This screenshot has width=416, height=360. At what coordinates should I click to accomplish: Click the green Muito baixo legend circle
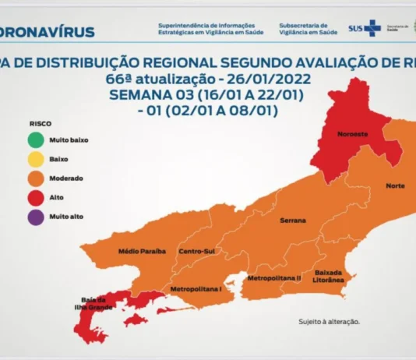click(33, 140)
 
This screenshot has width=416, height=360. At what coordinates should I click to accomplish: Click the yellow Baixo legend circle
click(33, 159)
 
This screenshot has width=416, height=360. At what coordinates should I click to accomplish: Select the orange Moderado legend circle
click(33, 178)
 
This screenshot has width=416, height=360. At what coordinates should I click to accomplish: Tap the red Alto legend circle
click(33, 197)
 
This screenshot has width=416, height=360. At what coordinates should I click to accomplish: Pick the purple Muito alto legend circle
click(33, 216)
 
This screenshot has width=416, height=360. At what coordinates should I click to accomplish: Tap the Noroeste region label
click(353, 134)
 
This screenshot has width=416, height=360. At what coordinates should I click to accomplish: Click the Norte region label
click(394, 185)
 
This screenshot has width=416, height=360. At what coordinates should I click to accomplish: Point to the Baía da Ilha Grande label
click(93, 302)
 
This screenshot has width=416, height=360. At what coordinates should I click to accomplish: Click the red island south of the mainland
click(136, 320)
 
